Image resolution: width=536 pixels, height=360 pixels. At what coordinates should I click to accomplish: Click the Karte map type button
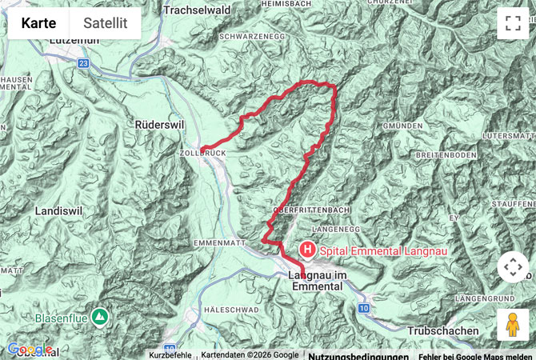point(38,23)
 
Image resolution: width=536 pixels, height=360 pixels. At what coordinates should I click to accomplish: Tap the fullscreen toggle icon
point(513,23)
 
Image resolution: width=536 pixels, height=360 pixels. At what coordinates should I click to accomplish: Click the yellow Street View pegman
point(513,325)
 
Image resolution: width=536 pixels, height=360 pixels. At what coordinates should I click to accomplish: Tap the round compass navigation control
point(513,267)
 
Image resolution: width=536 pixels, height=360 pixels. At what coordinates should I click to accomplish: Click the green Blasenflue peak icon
point(99,318)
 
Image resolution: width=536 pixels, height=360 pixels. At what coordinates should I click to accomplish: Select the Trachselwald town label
point(198,10)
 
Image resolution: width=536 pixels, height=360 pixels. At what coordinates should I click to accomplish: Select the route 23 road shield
point(84,62)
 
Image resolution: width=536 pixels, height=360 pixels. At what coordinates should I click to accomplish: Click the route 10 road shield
point(363,308)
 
